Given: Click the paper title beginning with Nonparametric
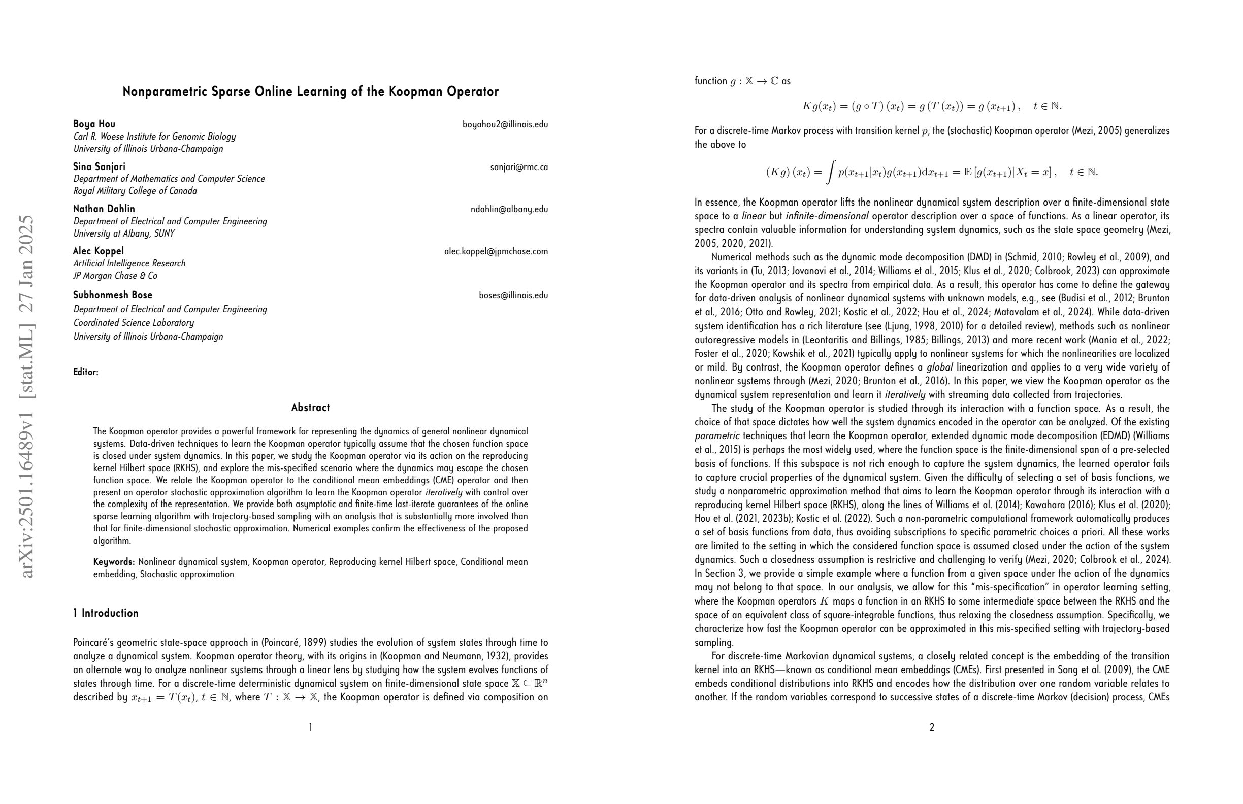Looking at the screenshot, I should click(x=310, y=92).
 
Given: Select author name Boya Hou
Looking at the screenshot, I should click(x=94, y=124).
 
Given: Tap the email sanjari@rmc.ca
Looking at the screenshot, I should click(x=518, y=167).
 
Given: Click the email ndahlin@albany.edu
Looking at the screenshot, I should click(x=509, y=209).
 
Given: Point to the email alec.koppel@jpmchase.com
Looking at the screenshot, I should click(x=496, y=252).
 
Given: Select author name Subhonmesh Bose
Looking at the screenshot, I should click(x=113, y=295).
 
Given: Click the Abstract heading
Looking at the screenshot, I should click(x=310, y=408).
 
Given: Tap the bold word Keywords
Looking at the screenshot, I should click(x=114, y=562).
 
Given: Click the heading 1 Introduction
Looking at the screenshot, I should click(x=106, y=613).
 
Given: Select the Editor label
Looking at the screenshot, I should click(x=86, y=372).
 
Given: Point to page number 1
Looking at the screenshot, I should click(x=311, y=727).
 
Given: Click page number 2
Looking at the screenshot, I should click(x=932, y=727).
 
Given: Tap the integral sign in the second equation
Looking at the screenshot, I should click(x=830, y=172).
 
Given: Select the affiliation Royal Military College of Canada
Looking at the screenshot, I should click(x=135, y=191).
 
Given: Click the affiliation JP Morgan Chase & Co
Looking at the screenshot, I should click(x=115, y=276).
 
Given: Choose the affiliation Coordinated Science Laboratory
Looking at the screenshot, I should click(x=133, y=323).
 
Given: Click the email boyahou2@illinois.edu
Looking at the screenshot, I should click(x=505, y=124).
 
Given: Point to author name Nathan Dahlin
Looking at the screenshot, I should click(x=104, y=209).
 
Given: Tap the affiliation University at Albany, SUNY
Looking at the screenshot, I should click(x=124, y=233).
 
